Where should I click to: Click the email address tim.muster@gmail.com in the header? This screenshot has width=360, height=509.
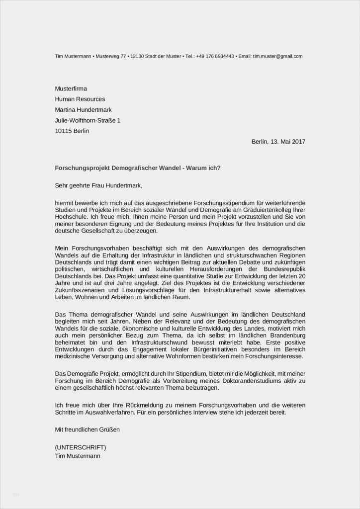(x=277, y=56)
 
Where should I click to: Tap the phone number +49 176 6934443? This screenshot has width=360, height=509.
(x=215, y=56)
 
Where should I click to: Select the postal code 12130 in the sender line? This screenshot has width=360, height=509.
(x=136, y=56)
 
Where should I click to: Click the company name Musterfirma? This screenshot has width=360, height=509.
(x=71, y=88)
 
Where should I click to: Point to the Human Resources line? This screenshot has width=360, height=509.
(x=80, y=99)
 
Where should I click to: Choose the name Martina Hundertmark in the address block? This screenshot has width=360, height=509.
(x=84, y=110)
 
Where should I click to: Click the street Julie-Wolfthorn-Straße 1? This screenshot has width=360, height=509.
(x=88, y=120)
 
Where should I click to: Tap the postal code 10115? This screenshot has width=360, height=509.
(x=63, y=131)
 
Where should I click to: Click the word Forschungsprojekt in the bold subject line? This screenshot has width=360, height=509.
(x=81, y=168)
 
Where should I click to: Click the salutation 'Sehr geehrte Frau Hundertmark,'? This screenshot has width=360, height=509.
(x=98, y=186)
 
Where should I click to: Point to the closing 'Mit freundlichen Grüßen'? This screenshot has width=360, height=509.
(x=87, y=429)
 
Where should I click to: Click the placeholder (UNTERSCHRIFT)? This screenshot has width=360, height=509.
(x=80, y=447)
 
